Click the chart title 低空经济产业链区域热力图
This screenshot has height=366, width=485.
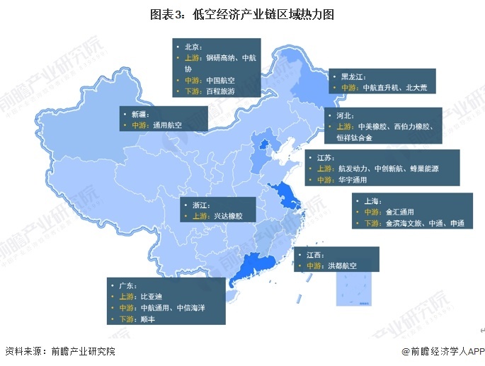(242, 13)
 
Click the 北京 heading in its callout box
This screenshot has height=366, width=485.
(192, 46)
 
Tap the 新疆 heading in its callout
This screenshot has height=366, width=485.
(139, 113)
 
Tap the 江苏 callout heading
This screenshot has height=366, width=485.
(325, 157)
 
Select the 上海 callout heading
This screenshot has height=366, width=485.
(372, 200)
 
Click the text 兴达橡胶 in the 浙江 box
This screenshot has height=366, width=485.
(228, 215)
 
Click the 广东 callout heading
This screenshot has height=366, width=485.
(125, 285)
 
